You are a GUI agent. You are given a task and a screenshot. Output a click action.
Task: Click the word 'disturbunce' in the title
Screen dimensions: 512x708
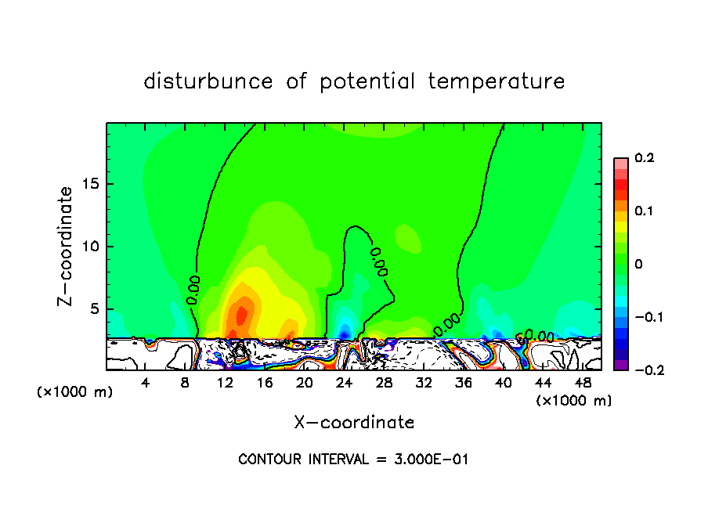click(208, 81)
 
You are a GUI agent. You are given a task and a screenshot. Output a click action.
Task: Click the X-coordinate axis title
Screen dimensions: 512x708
click(354, 423)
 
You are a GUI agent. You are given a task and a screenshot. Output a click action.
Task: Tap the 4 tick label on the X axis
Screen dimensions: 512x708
click(146, 383)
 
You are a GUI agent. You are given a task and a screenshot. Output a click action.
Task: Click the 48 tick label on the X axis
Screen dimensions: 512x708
click(583, 383)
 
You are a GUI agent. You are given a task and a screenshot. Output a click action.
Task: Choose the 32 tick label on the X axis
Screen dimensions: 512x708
click(424, 383)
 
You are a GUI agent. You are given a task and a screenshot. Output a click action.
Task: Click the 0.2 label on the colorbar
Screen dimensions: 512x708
click(644, 158)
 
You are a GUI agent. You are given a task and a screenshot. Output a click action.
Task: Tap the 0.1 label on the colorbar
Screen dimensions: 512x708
click(644, 211)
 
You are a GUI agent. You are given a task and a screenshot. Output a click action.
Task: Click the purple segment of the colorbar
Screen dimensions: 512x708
click(621, 365)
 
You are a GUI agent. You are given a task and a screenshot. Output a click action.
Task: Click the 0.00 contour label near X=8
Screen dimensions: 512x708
click(193, 289)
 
